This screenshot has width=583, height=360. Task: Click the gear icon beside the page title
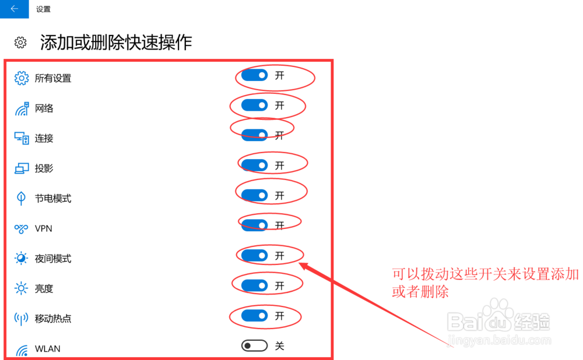(21, 43)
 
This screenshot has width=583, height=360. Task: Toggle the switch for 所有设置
(254, 75)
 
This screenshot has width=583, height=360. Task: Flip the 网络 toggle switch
(254, 105)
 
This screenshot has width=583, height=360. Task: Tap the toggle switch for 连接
(254, 135)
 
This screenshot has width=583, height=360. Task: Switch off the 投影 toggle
(254, 165)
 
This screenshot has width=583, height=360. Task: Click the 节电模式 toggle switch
(254, 195)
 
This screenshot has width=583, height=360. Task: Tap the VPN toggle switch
(254, 225)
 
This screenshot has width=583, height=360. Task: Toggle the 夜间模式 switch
(254, 256)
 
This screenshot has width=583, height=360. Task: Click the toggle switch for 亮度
(254, 285)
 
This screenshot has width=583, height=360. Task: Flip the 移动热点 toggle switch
(254, 316)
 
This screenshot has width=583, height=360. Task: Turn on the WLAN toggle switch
(254, 346)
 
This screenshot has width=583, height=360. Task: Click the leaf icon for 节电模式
(22, 199)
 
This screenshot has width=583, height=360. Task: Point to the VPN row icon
(22, 229)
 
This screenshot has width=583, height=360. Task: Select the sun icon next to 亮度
(22, 288)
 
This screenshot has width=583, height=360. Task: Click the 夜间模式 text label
(53, 259)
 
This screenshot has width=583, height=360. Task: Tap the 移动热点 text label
(53, 319)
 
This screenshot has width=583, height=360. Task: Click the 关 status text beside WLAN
(280, 346)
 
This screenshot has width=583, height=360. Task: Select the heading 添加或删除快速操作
(116, 43)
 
